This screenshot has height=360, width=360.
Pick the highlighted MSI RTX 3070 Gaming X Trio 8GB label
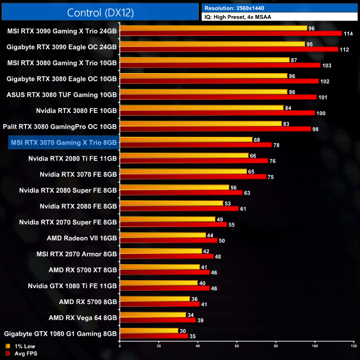(x=64, y=143)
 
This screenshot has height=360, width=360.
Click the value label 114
(x=349, y=34)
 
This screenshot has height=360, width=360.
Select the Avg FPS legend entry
(x=21, y=353)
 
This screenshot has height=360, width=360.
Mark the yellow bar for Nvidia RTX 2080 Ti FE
(x=184, y=156)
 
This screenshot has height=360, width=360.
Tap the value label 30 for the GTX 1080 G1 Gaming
(x=182, y=330)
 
